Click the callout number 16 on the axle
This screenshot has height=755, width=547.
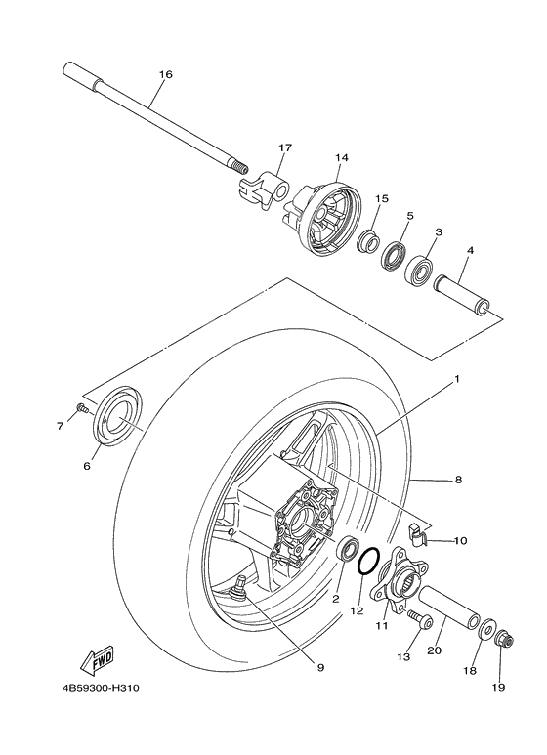pos(164,74)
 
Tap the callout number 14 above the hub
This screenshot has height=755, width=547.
pos(341,157)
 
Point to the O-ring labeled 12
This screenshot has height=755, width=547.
pos(369,564)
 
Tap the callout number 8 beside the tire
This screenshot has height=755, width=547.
pos(456,480)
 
